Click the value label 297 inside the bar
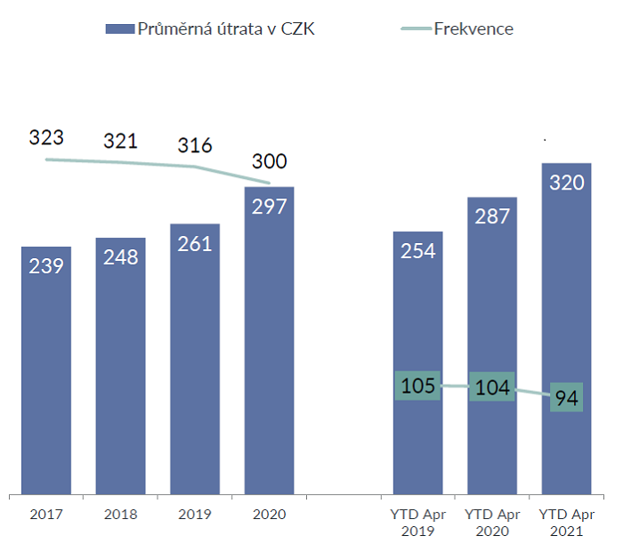[x=269, y=207]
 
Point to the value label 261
[x=195, y=244]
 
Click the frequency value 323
[x=46, y=138]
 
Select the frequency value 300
[x=269, y=161]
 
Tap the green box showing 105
[x=418, y=386]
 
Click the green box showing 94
[x=567, y=396]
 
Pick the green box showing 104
[x=492, y=387]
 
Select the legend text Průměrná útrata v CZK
[x=226, y=28]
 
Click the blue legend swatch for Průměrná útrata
[x=118, y=28]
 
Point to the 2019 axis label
[x=195, y=515]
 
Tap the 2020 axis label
[x=269, y=515]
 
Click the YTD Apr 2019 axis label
[x=418, y=523]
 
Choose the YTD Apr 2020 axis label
[x=492, y=523]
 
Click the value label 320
[x=567, y=183]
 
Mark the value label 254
[x=418, y=251]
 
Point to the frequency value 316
[x=195, y=145]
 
